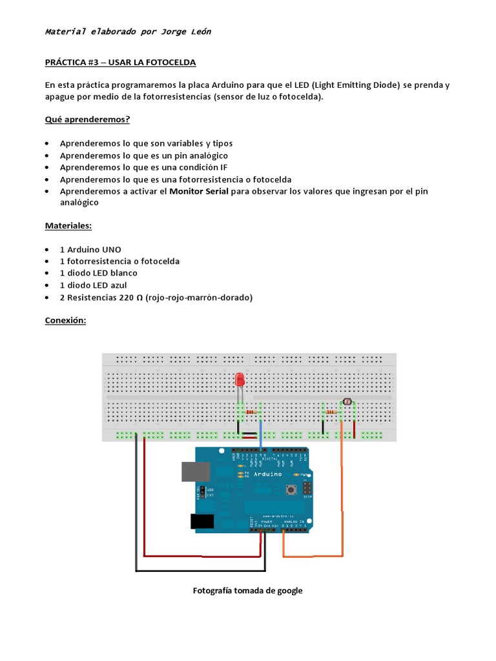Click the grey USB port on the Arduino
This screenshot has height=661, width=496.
pos(194,471)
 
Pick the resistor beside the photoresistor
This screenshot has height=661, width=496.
pos(332,412)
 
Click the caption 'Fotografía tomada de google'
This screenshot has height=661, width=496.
pos(248,590)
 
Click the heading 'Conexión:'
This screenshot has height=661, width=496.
pos(65,320)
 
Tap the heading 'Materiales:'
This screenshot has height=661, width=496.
pos(68,226)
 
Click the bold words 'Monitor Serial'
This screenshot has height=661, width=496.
pos(199,191)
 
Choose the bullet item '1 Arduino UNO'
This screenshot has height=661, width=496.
pos(90,249)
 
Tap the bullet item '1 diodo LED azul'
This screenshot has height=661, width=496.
pos(94,285)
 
